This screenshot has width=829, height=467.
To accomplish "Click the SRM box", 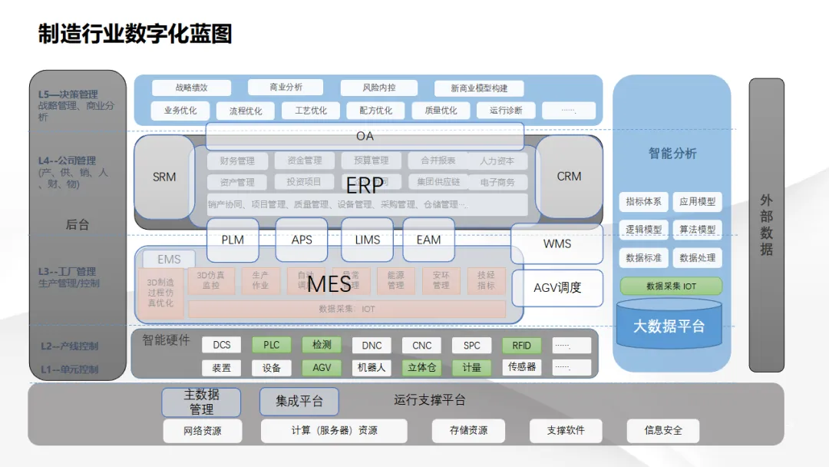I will (x=164, y=177).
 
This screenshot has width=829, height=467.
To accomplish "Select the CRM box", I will (x=569, y=177).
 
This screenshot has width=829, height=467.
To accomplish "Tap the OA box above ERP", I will (x=365, y=136).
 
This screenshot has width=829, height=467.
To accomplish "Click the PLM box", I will (x=233, y=240).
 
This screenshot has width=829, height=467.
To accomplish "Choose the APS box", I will (x=302, y=240).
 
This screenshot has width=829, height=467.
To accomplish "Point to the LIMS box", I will (x=368, y=240).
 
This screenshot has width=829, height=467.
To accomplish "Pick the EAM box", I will (x=428, y=240).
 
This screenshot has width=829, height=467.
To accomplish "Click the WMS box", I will (x=557, y=243).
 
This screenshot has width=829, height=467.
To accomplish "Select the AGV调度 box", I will (x=557, y=288).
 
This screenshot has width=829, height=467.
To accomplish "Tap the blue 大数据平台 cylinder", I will (x=668, y=325).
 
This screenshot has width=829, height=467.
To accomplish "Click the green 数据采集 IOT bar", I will (x=671, y=286).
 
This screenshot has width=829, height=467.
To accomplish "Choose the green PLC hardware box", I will (x=272, y=346).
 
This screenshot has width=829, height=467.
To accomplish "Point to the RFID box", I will (x=521, y=346).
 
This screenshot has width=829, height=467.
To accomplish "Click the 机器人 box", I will (x=372, y=368).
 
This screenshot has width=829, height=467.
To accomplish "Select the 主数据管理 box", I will (x=201, y=402).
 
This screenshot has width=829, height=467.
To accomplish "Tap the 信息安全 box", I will (x=663, y=431).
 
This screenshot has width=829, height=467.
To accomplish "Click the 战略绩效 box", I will (x=191, y=88).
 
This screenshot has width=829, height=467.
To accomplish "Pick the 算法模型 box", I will (x=697, y=230).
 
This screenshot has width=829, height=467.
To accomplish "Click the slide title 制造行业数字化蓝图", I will (x=135, y=35).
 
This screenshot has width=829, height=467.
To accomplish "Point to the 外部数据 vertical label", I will (x=766, y=224).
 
